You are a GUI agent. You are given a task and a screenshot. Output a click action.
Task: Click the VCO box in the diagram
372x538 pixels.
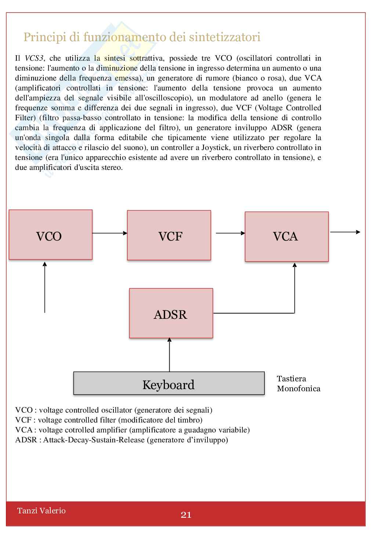click(50, 235)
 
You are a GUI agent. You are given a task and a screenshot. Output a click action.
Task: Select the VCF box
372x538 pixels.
click(169, 235)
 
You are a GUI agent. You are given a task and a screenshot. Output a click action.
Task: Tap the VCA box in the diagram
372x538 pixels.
click(286, 236)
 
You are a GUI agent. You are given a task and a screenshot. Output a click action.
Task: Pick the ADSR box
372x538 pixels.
click(171, 313)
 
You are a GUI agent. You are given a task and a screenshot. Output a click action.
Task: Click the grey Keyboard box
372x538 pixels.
click(169, 383)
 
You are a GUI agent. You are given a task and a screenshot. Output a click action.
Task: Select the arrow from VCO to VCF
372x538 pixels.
click(109, 233)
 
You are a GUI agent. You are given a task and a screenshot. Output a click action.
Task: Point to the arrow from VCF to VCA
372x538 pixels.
click(230, 233)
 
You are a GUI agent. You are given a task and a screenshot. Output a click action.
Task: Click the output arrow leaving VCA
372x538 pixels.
click(345, 232)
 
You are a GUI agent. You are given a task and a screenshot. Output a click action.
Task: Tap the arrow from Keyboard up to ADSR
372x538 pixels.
click(169, 355)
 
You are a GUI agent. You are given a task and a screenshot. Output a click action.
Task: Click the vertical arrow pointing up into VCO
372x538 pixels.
click(45, 287)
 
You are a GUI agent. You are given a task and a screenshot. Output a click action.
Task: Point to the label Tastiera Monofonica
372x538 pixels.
click(298, 384)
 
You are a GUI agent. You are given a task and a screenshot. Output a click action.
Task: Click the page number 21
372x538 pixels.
click(186, 515)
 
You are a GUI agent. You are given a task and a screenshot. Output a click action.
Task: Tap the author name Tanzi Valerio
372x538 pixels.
click(41, 510)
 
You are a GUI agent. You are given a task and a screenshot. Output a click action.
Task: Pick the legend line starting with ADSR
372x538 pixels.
click(122, 440)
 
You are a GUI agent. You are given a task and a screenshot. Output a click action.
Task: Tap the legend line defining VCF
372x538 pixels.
click(109, 420)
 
